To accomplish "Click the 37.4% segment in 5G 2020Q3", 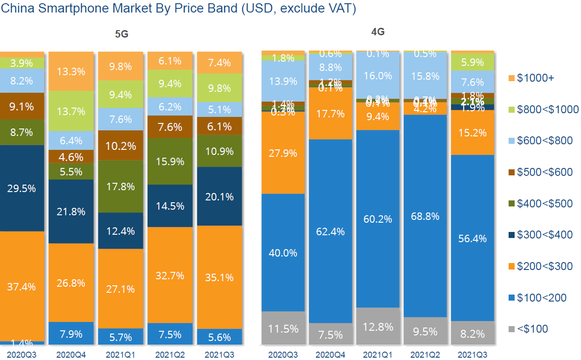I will click(22, 286).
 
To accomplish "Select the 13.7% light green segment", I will click(71, 111).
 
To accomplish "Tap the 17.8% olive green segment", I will click(120, 186).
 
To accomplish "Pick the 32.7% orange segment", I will click(170, 275).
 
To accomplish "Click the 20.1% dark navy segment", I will click(219, 196).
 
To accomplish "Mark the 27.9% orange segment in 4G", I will click(283, 153).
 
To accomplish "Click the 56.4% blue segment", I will click(473, 238).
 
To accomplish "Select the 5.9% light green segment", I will click(473, 62).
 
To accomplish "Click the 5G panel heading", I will click(122, 34).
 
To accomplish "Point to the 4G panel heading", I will click(378, 32).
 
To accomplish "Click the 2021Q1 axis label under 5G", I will click(120, 355).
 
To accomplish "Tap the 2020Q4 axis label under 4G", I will click(331, 355).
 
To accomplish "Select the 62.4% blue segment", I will click(331, 231).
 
